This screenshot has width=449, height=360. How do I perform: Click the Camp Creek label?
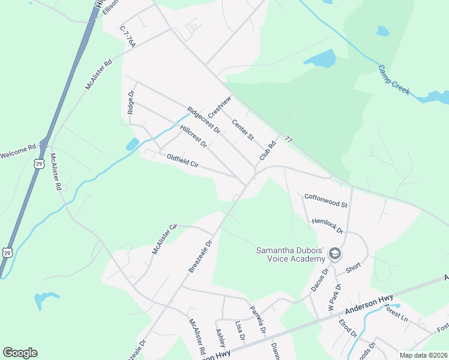click(x=394, y=79)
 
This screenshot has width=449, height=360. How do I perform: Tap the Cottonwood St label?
click(x=326, y=200)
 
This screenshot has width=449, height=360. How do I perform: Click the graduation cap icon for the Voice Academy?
click(x=335, y=254)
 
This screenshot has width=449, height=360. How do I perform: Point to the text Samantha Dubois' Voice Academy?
click(x=291, y=254)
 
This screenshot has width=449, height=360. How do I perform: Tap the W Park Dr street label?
click(x=331, y=297)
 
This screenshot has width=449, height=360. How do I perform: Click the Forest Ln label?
click(x=396, y=313)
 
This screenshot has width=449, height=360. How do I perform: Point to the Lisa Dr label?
click(x=241, y=330)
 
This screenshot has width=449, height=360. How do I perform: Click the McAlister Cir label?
click(x=165, y=239)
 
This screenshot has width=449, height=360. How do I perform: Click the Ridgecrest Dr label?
click(x=203, y=120)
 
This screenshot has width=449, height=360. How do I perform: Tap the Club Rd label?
click(x=267, y=151)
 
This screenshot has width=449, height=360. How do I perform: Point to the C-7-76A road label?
click(x=128, y=36)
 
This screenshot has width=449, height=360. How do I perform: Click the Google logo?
click(x=20, y=353)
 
